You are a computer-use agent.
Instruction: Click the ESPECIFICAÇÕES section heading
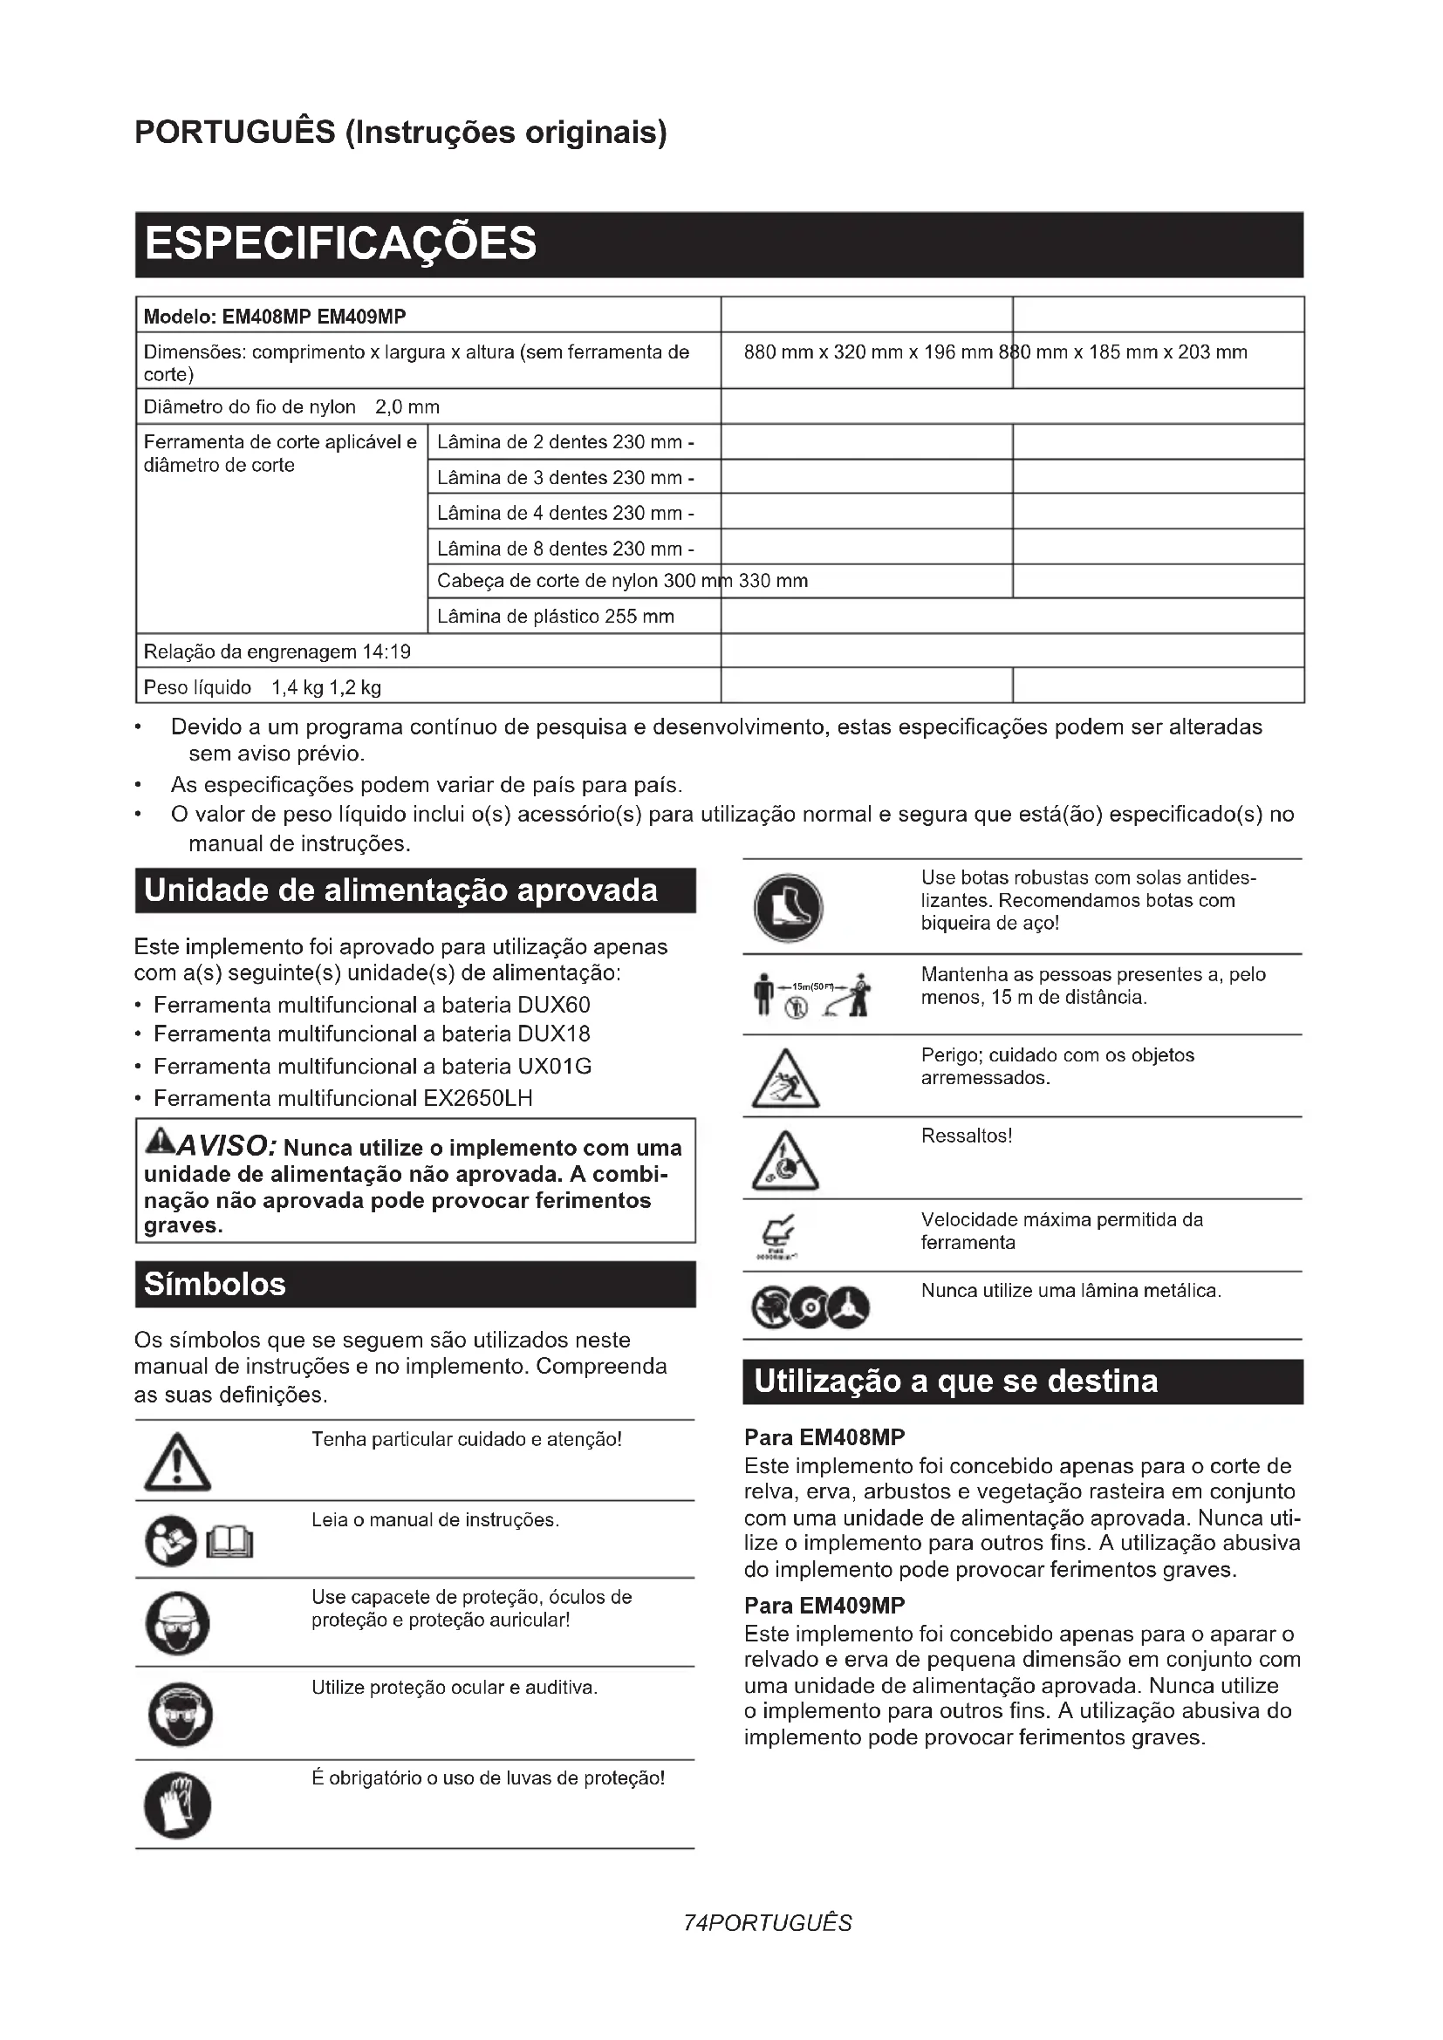click(340, 243)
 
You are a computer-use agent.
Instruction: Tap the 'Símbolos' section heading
click(215, 1284)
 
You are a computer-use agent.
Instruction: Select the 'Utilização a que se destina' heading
click(955, 1382)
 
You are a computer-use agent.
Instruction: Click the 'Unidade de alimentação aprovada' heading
click(400, 890)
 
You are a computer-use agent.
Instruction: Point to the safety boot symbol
click(788, 907)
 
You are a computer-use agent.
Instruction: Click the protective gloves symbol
click(178, 1805)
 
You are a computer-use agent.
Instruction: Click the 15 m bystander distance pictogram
click(812, 994)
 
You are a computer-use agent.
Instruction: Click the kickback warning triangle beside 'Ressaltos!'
click(785, 1161)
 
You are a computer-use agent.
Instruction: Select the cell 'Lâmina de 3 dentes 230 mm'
click(565, 478)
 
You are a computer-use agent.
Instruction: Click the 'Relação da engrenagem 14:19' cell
click(277, 652)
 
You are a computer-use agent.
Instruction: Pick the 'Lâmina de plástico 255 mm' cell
click(556, 617)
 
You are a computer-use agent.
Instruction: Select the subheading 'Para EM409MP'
click(824, 1605)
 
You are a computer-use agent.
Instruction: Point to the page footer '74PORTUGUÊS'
click(768, 1923)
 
